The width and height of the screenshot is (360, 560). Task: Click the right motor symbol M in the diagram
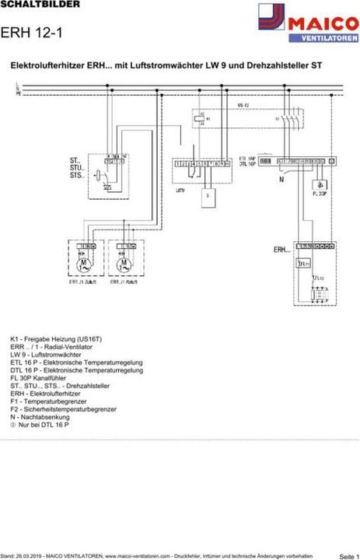click(122, 265)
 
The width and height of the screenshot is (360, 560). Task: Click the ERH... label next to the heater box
click(281, 250)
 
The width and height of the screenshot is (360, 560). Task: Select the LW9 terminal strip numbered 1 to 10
click(201, 164)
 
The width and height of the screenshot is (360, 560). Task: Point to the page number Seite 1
click(349, 557)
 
